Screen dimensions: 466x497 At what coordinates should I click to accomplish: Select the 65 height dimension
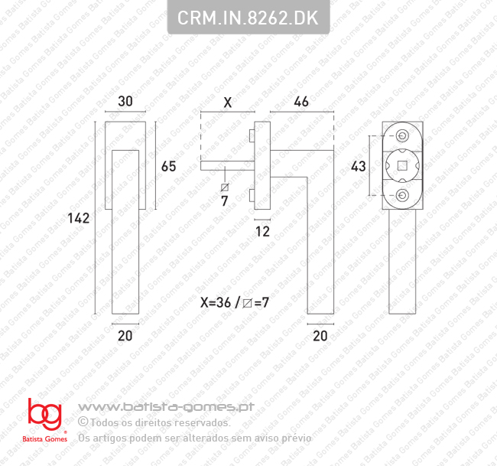click(x=168, y=166)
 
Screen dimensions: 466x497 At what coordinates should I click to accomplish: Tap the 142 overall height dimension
click(x=79, y=218)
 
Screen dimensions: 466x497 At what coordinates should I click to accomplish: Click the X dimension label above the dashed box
click(x=227, y=102)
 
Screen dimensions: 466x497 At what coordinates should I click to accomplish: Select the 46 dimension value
click(x=301, y=102)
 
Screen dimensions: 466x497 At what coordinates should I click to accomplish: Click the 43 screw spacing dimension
click(x=358, y=166)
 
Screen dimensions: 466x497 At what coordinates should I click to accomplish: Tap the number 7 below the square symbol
click(x=225, y=201)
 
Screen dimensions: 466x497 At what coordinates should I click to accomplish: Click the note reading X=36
click(x=215, y=302)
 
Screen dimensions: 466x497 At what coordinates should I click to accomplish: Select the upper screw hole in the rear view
click(x=402, y=136)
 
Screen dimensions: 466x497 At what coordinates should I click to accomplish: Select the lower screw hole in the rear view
click(x=402, y=197)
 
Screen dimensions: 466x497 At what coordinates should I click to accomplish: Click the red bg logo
click(x=44, y=415)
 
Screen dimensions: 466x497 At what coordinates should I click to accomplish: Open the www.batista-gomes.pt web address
click(x=166, y=407)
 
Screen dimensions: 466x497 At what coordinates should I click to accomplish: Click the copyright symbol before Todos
click(x=83, y=422)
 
